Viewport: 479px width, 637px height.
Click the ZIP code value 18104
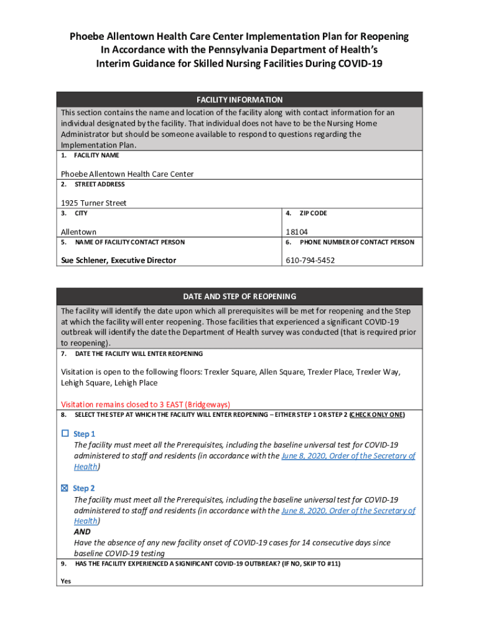tap(297, 232)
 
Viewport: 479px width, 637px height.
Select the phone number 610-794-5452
tap(310, 260)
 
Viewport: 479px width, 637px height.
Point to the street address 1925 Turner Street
tap(93, 203)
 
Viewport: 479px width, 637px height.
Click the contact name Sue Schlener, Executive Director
tap(118, 260)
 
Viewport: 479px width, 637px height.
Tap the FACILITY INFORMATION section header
tap(240, 100)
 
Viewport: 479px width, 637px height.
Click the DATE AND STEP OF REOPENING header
tap(240, 296)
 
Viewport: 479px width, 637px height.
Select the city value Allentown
tap(78, 232)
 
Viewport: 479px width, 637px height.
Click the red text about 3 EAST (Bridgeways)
tap(146, 404)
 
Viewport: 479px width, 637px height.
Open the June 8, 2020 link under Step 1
tap(348, 456)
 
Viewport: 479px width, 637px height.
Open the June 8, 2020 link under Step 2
tap(348, 511)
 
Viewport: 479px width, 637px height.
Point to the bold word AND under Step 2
tap(82, 532)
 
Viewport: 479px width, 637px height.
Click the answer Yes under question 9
tap(66, 581)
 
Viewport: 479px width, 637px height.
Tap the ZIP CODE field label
tap(313, 213)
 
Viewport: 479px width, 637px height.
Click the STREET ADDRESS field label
tap(100, 184)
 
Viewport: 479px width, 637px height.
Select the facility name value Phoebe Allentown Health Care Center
tap(127, 174)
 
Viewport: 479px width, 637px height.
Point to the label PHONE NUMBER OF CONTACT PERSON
tap(356, 242)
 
